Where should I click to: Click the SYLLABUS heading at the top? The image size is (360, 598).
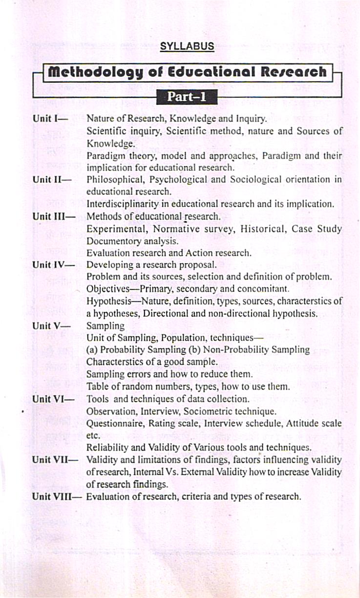point(187,47)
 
